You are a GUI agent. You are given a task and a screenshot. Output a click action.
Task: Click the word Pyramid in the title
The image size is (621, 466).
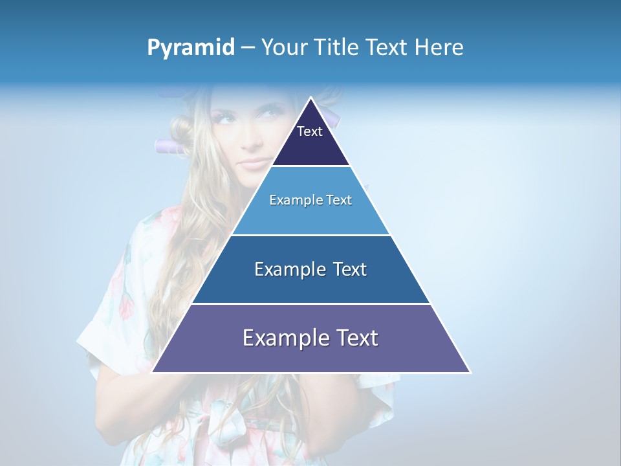tap(191, 48)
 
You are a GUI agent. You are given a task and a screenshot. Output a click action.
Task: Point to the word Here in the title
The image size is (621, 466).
tap(439, 47)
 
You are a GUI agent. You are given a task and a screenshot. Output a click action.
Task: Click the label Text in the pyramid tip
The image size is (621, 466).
tap(310, 131)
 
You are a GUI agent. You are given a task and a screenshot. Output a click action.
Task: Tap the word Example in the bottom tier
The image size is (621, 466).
tap(282, 338)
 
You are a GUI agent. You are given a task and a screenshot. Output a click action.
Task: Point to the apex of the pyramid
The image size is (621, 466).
tap(310, 98)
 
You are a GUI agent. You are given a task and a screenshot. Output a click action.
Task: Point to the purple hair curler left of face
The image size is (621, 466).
tap(169, 146)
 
